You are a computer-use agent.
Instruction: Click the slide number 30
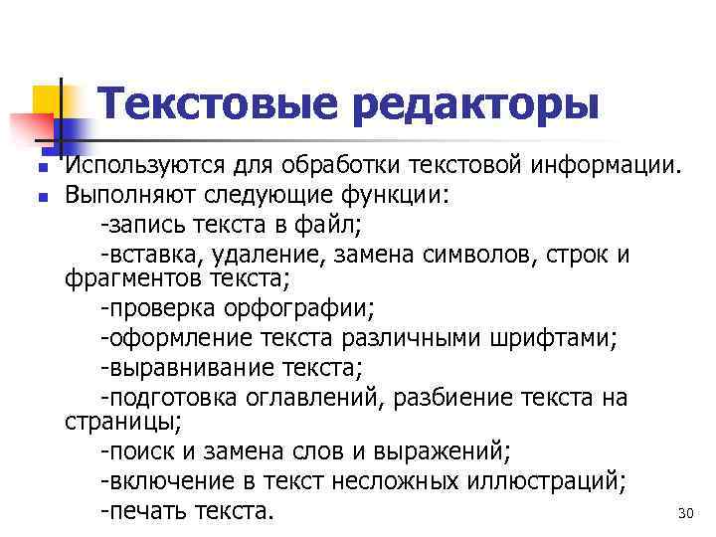[x=683, y=514]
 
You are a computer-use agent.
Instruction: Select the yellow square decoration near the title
[x=48, y=100]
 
